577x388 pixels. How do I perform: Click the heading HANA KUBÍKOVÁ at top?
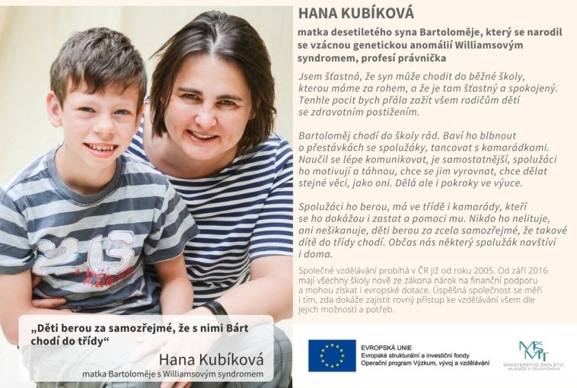356,13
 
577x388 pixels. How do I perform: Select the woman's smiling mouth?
203,135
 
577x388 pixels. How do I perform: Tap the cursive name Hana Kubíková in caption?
211,358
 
